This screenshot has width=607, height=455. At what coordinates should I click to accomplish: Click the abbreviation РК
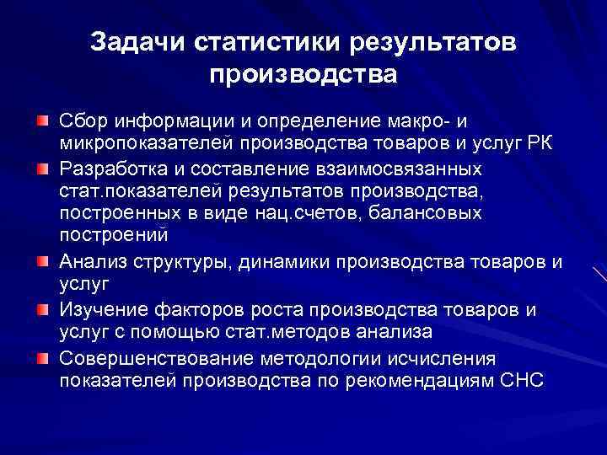click(x=537, y=141)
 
